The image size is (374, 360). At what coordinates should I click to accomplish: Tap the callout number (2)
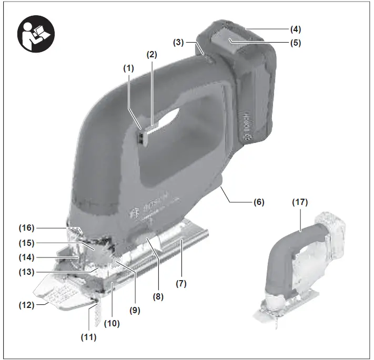click(152, 54)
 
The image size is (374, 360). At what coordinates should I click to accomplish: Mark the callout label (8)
click(158, 296)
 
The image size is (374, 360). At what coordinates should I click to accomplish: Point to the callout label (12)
click(28, 305)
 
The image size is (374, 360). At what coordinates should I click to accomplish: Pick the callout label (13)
click(28, 272)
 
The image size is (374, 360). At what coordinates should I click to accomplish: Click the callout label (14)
click(28, 258)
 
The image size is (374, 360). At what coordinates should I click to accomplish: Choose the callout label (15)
click(28, 243)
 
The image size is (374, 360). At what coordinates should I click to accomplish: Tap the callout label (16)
click(28, 228)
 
